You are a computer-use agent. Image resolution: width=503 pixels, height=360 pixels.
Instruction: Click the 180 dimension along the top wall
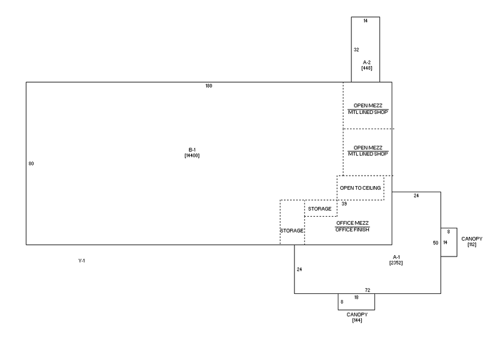(209, 86)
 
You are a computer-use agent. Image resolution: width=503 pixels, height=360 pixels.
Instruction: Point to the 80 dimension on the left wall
(31, 163)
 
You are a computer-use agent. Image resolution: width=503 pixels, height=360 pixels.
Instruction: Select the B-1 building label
(192, 150)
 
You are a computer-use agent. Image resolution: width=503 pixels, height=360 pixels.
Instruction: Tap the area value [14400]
(192, 156)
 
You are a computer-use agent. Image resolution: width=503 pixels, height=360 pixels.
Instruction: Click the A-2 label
(367, 62)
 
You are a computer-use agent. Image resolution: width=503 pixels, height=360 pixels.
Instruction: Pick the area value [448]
(367, 68)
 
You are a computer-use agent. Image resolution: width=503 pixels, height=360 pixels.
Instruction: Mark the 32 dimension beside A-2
(356, 49)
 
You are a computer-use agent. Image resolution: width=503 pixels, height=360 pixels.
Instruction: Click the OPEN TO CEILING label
(360, 187)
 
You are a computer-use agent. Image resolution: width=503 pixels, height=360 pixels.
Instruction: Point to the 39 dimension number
(344, 203)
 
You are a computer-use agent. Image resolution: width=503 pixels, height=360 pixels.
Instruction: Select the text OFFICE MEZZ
(352, 223)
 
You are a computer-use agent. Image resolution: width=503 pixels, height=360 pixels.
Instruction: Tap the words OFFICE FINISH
(352, 230)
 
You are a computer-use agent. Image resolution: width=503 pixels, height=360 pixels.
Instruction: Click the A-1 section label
(395, 257)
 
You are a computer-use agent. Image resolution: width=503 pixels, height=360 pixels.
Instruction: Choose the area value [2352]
(395, 263)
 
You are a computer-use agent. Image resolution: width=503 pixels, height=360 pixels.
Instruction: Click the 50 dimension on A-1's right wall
(436, 243)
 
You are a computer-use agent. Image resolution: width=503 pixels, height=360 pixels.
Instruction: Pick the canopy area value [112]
(472, 244)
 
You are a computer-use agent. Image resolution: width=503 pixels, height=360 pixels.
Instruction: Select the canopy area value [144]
(357, 320)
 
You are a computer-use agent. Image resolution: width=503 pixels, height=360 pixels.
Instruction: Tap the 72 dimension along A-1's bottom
(368, 290)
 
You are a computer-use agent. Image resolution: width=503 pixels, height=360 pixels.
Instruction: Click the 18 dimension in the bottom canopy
(356, 297)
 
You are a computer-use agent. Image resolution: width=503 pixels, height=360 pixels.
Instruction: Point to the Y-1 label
(81, 261)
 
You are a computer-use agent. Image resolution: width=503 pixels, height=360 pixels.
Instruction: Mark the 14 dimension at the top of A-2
(365, 21)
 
